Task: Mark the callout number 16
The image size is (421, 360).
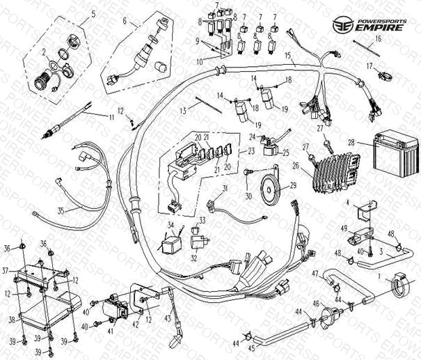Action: (x=378, y=40)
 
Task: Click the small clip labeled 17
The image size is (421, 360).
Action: (x=382, y=73)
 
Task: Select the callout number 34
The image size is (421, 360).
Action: (x=170, y=226)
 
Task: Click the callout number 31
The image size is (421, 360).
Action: (x=225, y=189)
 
